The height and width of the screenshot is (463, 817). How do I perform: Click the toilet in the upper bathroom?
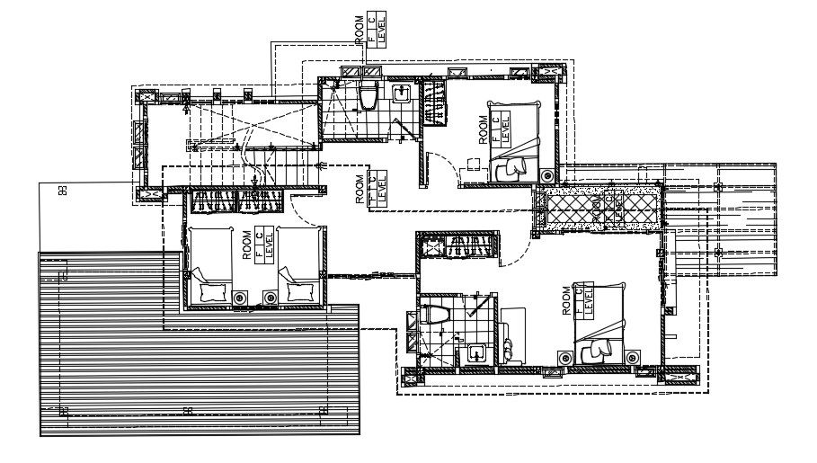(369, 94)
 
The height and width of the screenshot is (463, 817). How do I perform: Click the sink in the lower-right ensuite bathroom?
(475, 353)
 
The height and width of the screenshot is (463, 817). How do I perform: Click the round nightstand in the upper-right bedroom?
(546, 174)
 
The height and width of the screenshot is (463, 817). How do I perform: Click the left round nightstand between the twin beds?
(240, 297)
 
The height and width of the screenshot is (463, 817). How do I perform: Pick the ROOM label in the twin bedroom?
(247, 245)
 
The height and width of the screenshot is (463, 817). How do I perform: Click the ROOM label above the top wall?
(360, 30)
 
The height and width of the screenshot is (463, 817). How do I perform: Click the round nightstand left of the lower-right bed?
(564, 359)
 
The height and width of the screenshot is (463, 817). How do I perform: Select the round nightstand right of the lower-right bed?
(633, 358)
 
